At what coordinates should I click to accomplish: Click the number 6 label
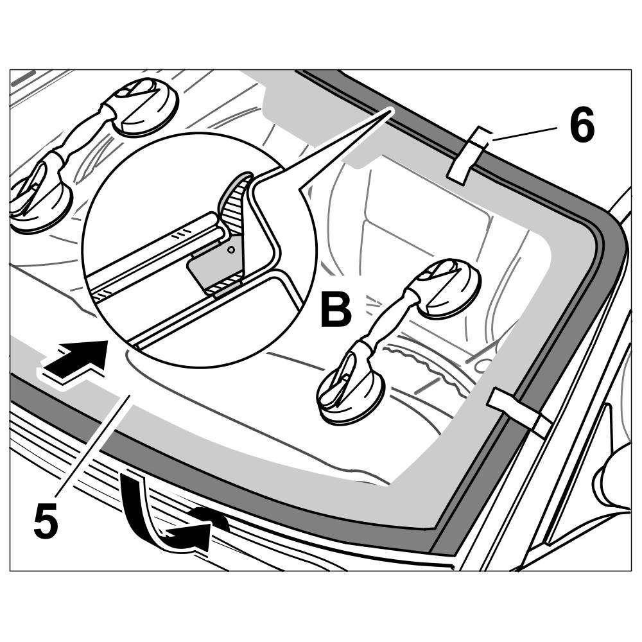click(582, 126)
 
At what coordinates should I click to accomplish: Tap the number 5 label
click(46, 521)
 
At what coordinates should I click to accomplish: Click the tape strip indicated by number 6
click(469, 155)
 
